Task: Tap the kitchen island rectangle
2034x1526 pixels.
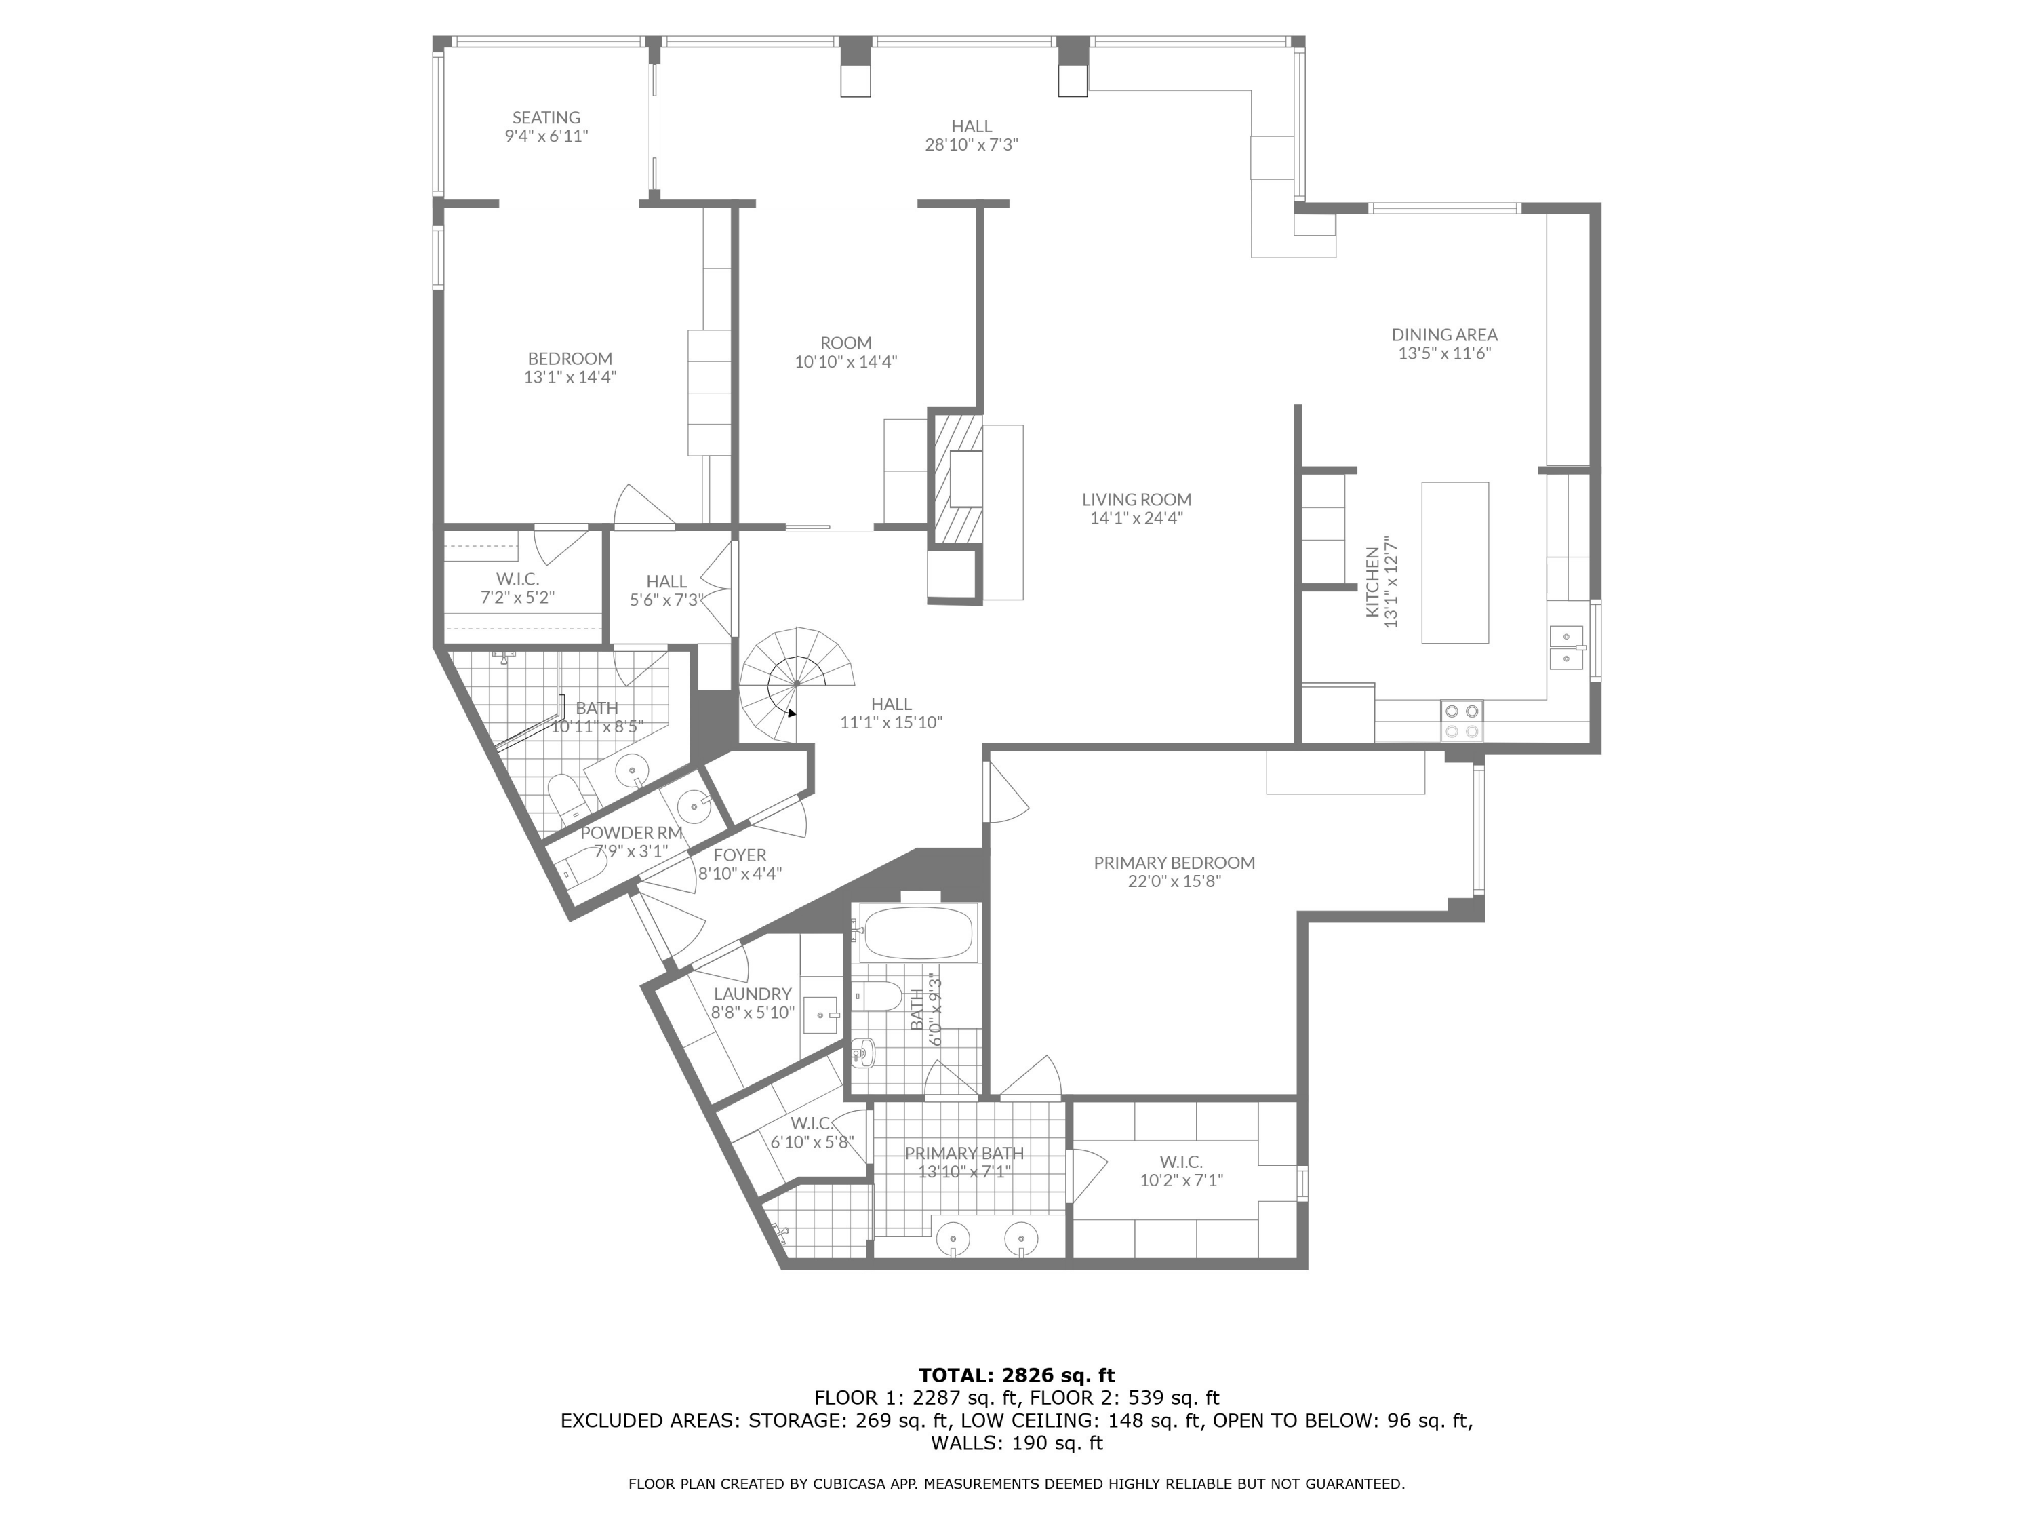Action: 1455,562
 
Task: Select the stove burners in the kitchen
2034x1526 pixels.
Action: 1461,721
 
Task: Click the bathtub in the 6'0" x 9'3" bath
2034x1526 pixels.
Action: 916,935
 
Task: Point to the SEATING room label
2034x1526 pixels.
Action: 546,118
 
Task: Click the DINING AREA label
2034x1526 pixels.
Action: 1443,335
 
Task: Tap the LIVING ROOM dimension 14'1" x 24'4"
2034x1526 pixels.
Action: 1136,518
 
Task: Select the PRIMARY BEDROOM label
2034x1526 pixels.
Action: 1174,863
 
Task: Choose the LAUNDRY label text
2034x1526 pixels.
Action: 752,994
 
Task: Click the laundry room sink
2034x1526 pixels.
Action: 820,1015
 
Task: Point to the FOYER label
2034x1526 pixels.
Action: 739,855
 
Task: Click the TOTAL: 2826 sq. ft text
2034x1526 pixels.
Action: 1016,1375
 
